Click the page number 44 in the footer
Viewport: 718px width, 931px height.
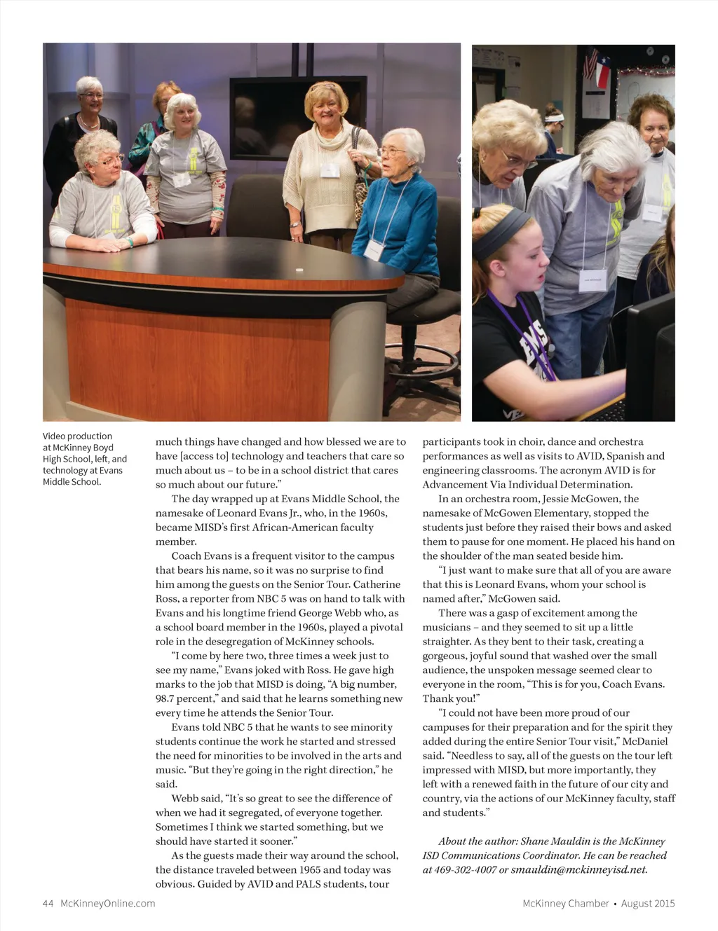tap(48, 903)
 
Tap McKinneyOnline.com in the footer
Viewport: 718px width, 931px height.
tap(108, 903)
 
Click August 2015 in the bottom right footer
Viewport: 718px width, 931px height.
tap(648, 903)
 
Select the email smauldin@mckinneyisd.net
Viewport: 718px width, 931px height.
tap(578, 870)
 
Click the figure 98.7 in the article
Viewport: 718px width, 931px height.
tap(166, 698)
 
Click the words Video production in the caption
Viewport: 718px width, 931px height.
tap(77, 436)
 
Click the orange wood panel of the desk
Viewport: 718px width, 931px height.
tap(210, 350)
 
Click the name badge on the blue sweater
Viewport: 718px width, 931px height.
tap(374, 248)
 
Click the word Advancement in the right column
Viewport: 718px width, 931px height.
tap(456, 485)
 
